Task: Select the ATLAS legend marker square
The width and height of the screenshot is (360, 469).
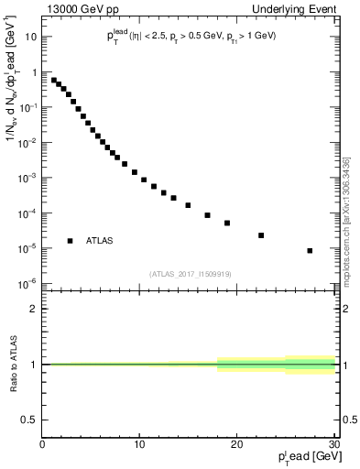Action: [x=70, y=241]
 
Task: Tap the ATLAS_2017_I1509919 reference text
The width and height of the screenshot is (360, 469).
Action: [x=190, y=273]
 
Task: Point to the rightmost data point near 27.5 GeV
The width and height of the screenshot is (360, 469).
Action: [x=310, y=250]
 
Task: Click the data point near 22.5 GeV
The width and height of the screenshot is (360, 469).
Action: [x=261, y=235]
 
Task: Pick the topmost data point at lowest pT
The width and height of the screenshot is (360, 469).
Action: [x=54, y=80]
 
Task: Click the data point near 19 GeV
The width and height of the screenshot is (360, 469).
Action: [x=227, y=223]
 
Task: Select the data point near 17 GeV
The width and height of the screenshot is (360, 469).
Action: [x=207, y=215]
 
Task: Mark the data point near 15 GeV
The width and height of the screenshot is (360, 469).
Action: [x=188, y=205]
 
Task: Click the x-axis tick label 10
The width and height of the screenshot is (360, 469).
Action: [x=139, y=445]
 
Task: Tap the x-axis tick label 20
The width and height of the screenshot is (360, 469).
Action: [x=236, y=445]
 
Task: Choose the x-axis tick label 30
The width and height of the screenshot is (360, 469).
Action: [x=333, y=445]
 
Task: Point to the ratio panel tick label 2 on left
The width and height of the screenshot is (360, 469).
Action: [x=33, y=309]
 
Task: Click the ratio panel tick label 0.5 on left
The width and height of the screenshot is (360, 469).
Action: [x=29, y=420]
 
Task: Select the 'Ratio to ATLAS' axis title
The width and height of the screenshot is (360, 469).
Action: [x=12, y=364]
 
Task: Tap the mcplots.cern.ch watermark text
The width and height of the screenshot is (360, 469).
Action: [x=347, y=211]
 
